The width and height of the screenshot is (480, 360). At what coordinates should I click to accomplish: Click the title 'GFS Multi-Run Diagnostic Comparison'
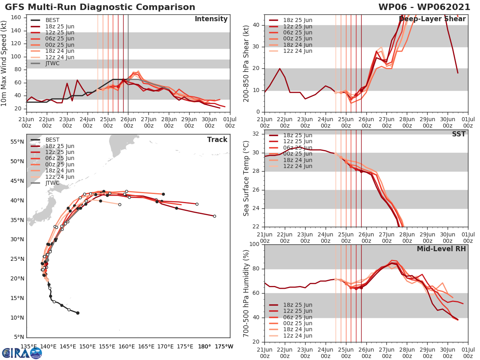pyautogui.click(x=100, y=7)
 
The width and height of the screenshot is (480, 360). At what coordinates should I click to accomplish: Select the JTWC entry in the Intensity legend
pyautogui.click(x=52, y=64)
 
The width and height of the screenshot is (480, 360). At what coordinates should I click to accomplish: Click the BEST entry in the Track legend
pyautogui.click(x=52, y=140)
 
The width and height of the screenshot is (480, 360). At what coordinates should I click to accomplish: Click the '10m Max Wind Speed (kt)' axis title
pyautogui.click(x=5, y=62)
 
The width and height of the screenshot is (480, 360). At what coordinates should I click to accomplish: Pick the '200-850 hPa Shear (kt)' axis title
pyautogui.click(x=246, y=63)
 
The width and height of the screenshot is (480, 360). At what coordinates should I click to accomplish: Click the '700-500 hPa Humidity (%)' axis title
pyautogui.click(x=246, y=293)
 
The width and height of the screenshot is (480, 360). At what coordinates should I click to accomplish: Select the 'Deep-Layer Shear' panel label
pyautogui.click(x=432, y=19)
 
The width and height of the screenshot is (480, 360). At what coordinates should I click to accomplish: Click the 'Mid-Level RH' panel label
pyautogui.click(x=441, y=249)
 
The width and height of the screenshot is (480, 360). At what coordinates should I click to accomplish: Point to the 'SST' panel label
pyautogui.click(x=459, y=134)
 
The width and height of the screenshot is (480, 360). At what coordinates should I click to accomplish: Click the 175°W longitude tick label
pyautogui.click(x=224, y=346)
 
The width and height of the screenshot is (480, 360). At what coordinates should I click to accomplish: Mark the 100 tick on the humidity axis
pyautogui.click(x=255, y=244)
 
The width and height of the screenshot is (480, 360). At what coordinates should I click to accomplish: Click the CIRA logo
pyautogui.click(x=22, y=353)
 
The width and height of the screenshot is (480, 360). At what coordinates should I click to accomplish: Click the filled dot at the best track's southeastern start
pyautogui.click(x=78, y=313)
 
